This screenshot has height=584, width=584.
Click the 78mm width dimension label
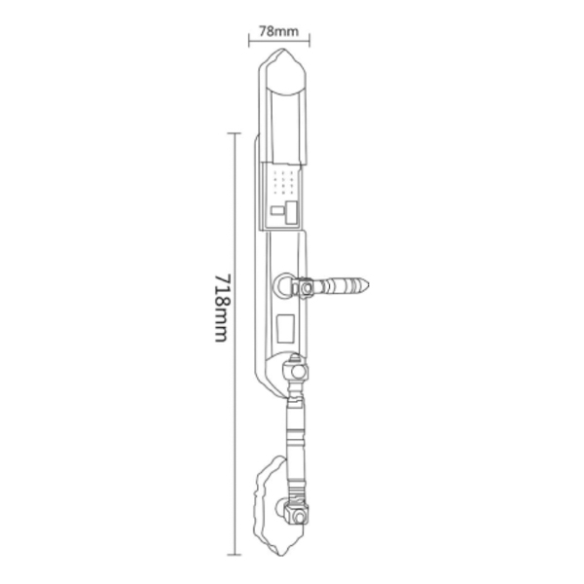click(280, 29)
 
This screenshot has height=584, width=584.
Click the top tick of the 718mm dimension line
click(234, 133)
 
